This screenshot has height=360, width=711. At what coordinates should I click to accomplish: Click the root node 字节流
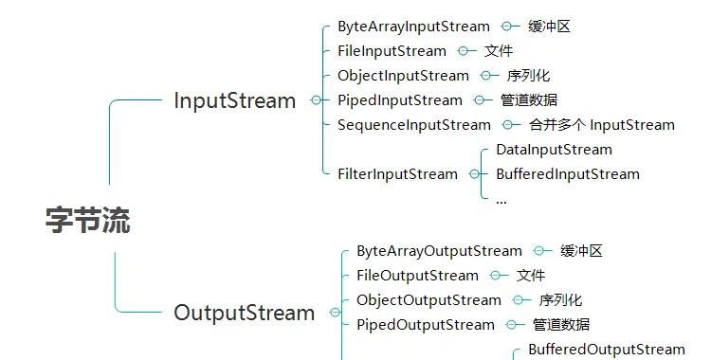pyautogui.click(x=87, y=221)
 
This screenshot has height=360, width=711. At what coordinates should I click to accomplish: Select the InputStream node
pyautogui.click(x=234, y=100)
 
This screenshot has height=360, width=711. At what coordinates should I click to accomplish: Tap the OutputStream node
pyautogui.click(x=244, y=313)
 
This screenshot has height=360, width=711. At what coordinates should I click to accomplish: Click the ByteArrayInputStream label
pyautogui.click(x=413, y=27)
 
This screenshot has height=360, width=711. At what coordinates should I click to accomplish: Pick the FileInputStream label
pyautogui.click(x=392, y=51)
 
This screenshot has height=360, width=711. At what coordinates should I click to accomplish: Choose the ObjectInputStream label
pyautogui.click(x=403, y=76)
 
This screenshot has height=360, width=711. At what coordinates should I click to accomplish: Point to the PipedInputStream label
pyautogui.click(x=400, y=100)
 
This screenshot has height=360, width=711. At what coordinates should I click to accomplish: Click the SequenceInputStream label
pyautogui.click(x=414, y=125)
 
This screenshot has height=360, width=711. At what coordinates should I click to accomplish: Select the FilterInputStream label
pyautogui.click(x=397, y=174)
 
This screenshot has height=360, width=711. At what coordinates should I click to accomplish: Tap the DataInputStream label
pyautogui.click(x=554, y=150)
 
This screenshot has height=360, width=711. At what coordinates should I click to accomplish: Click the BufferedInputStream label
pyautogui.click(x=567, y=174)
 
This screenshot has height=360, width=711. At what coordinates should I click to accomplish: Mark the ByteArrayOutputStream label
pyautogui.click(x=439, y=251)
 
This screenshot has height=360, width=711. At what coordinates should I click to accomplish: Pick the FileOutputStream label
pyautogui.click(x=417, y=276)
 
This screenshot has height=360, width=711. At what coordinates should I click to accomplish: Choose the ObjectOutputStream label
pyautogui.click(x=428, y=300)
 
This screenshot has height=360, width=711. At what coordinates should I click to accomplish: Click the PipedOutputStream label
pyautogui.click(x=426, y=325)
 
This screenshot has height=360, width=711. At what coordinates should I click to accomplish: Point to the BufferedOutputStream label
pyautogui.click(x=606, y=350)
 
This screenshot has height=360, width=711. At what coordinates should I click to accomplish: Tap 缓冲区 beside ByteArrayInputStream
pyautogui.click(x=550, y=27)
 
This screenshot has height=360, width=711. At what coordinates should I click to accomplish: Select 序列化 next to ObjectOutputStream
pyautogui.click(x=560, y=300)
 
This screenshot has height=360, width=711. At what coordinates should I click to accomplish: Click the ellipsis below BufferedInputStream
pyautogui.click(x=501, y=201)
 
